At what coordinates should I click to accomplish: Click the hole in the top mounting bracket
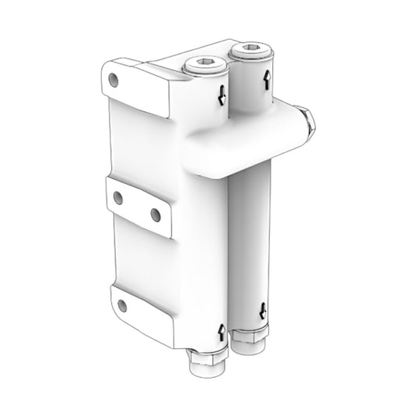click(114, 79)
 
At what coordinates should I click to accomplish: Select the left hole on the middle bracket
click(120, 197)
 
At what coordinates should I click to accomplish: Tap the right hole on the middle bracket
click(155, 213)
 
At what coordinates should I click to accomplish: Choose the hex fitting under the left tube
click(208, 362)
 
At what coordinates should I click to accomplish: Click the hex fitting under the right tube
click(252, 341)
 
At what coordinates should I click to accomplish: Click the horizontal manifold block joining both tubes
click(243, 145)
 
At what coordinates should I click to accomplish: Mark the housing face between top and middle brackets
click(149, 145)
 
